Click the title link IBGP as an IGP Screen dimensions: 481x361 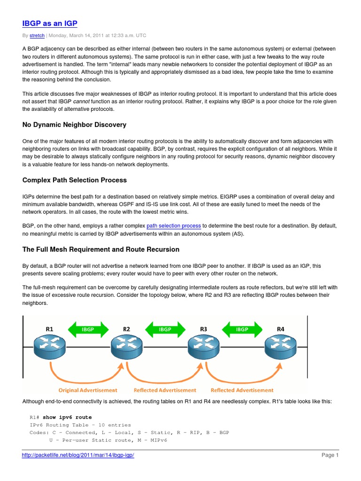click(50, 23)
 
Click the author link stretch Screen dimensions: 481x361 click(38, 36)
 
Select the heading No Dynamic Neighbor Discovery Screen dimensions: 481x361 click(74, 124)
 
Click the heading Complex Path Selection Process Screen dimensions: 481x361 click(74, 180)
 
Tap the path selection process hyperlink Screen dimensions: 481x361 click(173, 225)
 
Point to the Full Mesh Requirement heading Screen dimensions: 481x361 click(101, 249)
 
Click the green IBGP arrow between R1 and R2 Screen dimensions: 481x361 click(88, 329)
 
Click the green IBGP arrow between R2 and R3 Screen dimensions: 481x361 click(165, 329)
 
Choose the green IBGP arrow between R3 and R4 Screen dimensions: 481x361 click(242, 329)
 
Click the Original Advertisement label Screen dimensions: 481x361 click(88, 390)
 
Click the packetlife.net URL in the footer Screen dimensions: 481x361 click(78, 455)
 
